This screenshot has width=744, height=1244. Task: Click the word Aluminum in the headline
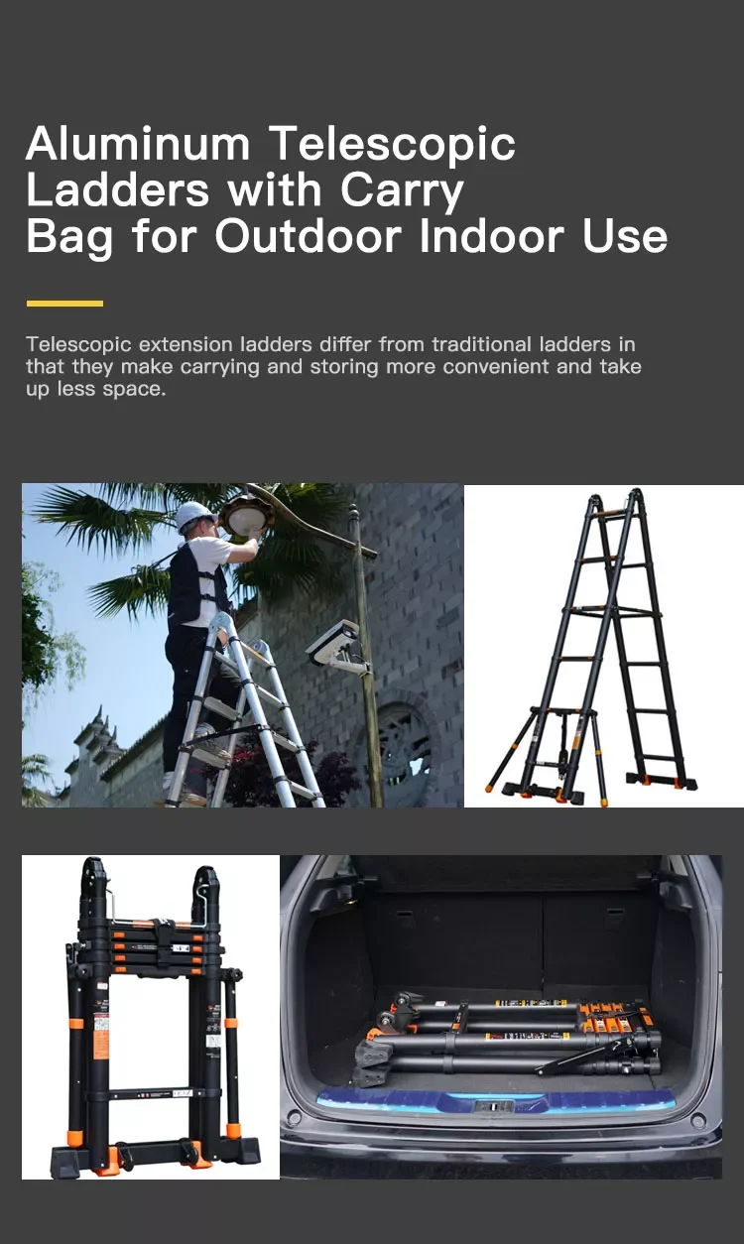click(x=138, y=145)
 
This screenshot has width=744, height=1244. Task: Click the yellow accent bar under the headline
click(x=64, y=304)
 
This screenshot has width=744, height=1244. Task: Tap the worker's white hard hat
click(x=194, y=514)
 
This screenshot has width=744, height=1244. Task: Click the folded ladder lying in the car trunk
click(x=506, y=1037)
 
